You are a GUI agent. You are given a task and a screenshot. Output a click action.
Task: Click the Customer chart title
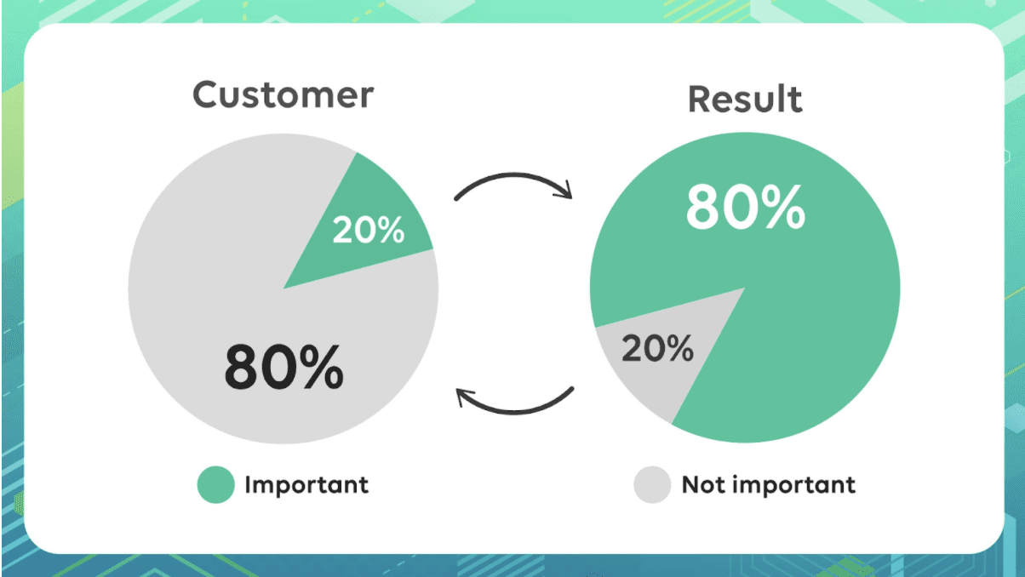click(x=283, y=94)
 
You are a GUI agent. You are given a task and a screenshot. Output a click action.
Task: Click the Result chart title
click(x=745, y=99)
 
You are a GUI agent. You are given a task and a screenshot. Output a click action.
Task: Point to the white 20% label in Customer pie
click(x=369, y=230)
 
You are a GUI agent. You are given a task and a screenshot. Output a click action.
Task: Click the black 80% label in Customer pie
click(x=283, y=368)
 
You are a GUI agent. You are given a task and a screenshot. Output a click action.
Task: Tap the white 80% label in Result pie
click(x=746, y=207)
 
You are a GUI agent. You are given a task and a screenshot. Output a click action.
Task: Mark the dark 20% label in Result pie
click(x=657, y=348)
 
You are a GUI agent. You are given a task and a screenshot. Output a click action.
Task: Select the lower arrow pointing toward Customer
click(x=515, y=412)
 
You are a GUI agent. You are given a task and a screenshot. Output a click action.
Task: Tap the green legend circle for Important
click(x=216, y=484)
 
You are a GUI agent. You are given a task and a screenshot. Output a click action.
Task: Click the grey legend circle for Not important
click(x=652, y=484)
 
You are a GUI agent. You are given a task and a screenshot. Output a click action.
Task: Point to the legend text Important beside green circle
click(x=306, y=485)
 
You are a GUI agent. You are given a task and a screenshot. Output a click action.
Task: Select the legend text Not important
click(x=768, y=485)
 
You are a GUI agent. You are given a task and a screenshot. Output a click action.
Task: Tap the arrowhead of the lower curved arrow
click(x=464, y=397)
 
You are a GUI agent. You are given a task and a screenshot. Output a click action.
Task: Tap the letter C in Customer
click(x=205, y=94)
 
